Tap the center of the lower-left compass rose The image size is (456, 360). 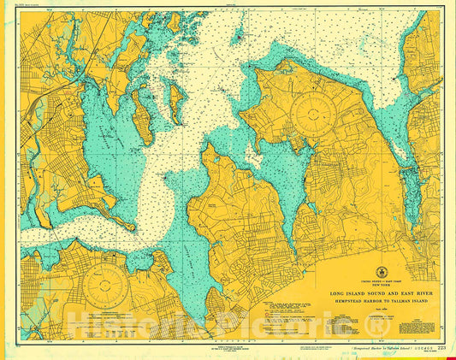pos(108,287)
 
